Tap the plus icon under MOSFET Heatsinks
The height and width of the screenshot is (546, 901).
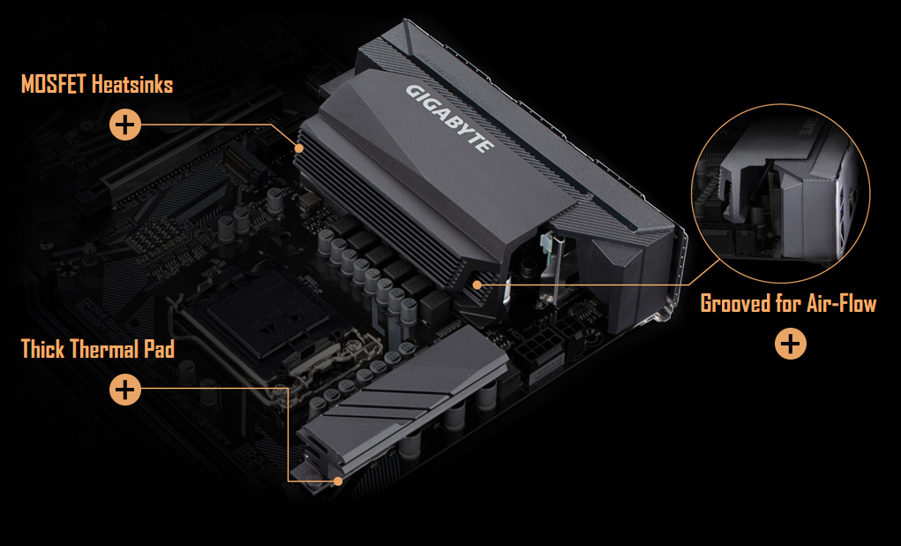click(125, 125)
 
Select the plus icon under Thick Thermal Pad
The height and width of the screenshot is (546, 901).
click(125, 389)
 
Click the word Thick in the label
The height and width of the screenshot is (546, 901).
click(41, 349)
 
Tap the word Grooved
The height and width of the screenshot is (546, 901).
click(734, 304)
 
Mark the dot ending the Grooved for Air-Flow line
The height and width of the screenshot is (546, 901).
click(477, 284)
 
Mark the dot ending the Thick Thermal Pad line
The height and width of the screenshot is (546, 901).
click(338, 481)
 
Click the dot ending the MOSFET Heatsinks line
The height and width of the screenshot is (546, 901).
click(300, 147)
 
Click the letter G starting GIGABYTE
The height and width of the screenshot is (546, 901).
click(412, 90)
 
